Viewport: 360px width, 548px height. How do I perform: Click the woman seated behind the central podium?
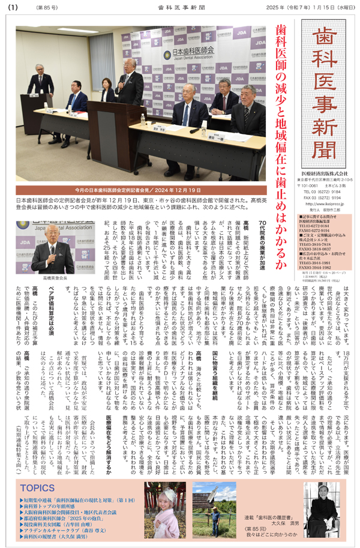(108, 94)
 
